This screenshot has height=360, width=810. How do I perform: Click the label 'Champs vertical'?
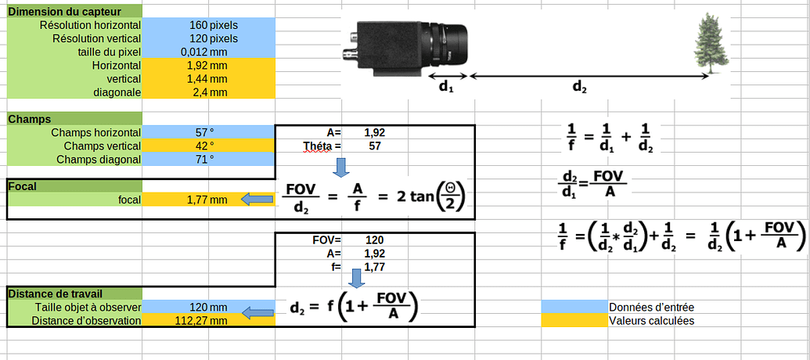102,146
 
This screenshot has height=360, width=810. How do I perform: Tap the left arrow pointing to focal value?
256,200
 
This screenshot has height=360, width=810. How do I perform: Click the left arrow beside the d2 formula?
256,313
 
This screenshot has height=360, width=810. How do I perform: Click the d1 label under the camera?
445,88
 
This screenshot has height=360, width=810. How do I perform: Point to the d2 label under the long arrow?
579,88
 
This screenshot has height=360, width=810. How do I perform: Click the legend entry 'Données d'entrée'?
651,307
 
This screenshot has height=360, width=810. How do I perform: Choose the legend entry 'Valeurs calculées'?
651,320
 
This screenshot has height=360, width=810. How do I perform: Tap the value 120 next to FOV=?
374,239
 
